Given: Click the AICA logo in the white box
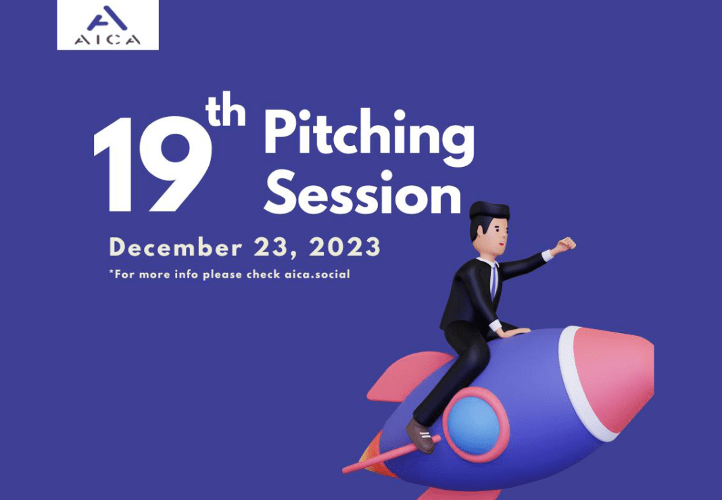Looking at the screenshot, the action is point(107,25).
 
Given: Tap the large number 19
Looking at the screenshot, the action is point(152,164).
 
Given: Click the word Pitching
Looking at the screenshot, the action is point(369,134).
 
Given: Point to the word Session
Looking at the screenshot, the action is point(362,193).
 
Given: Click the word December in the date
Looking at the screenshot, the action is point(176,247).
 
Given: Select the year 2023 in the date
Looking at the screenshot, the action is point(345,247).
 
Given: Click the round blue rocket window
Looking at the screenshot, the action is point(474,425).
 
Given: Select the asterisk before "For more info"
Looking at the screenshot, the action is point(112,272).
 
